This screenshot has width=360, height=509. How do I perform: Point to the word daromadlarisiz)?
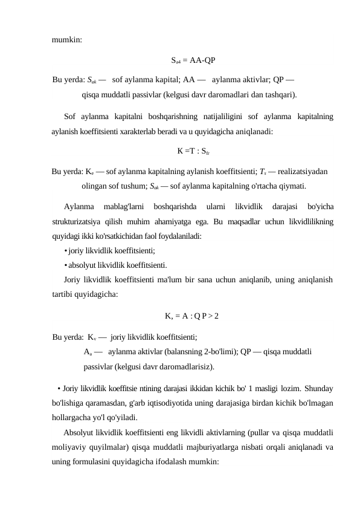185,366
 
